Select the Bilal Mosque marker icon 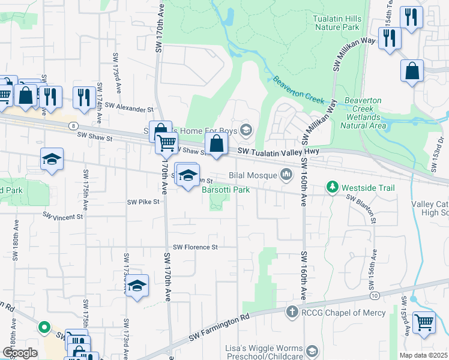click(286, 175)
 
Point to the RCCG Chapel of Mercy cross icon click(292, 312)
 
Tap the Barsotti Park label click(225, 190)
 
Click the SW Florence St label click(195, 247)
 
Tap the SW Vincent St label click(62, 215)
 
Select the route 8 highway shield click(73, 125)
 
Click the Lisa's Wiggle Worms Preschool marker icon click(312, 351)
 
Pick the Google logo click(19, 353)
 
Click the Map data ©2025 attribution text click(423, 355)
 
